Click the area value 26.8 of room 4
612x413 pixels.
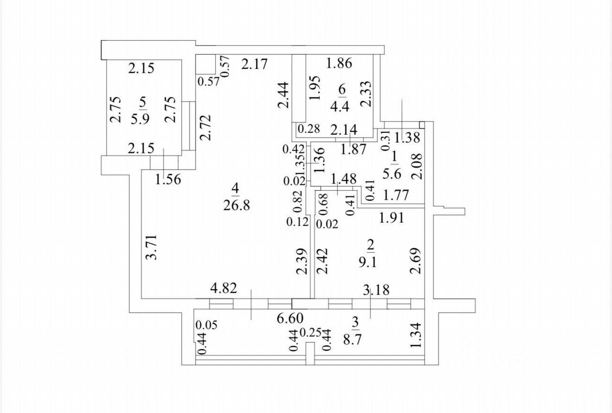[236, 206]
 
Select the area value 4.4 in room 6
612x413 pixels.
[339, 106]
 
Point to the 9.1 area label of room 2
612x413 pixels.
[371, 262]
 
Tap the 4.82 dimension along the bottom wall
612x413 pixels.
[224, 289]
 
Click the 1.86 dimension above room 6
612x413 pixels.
[339, 63]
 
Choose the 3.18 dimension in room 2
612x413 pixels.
[376, 290]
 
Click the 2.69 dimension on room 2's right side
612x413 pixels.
[415, 261]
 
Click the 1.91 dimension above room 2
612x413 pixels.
[392, 218]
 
